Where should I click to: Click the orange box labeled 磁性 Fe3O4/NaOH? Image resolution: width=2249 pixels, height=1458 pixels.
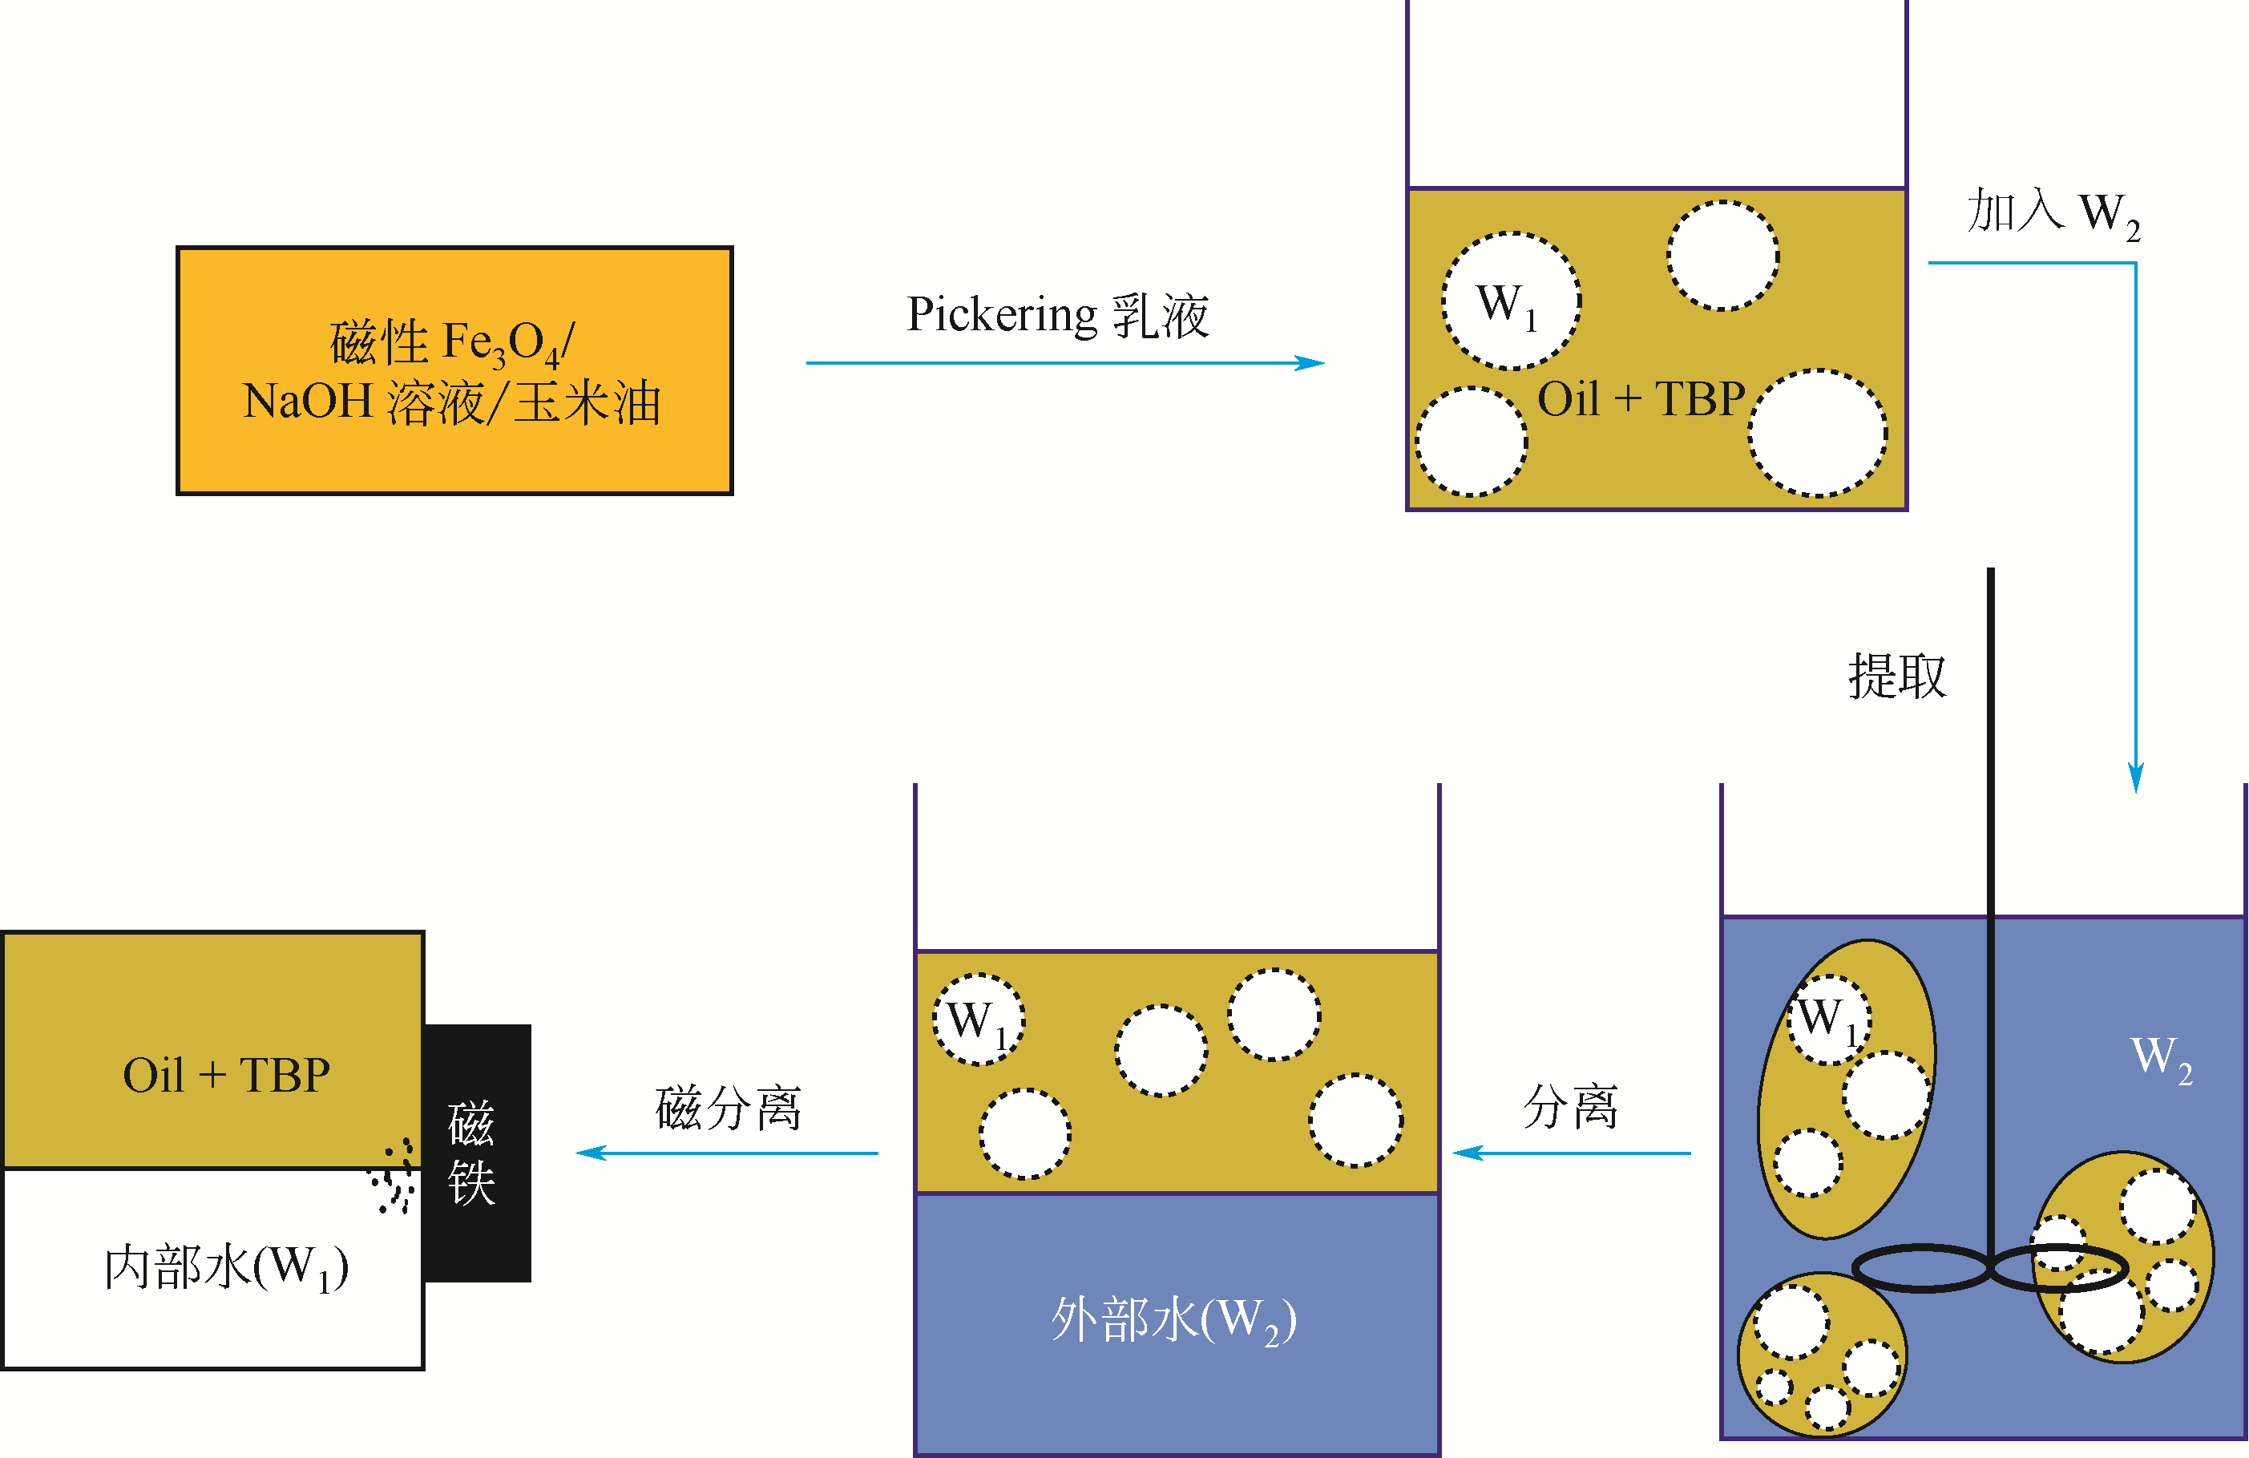click(x=454, y=370)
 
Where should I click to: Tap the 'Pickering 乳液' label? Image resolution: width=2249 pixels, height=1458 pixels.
click(x=1057, y=315)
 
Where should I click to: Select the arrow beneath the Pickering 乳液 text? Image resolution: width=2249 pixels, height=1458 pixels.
click(x=1064, y=363)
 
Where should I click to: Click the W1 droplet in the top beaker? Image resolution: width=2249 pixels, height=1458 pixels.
click(x=1510, y=301)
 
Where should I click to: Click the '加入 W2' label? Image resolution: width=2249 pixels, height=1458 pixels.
click(x=2053, y=212)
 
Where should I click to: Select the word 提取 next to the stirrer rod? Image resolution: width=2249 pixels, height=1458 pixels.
click(x=1896, y=676)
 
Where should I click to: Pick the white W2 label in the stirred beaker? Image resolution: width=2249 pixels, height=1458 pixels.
click(x=2161, y=1057)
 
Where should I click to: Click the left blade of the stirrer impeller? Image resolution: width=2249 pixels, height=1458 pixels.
click(x=1921, y=1268)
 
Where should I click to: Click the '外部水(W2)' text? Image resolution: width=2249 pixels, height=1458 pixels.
click(x=1173, y=1319)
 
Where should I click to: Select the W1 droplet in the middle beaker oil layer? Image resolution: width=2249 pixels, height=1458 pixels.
click(x=978, y=1020)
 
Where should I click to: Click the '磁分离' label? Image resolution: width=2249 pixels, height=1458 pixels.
click(x=728, y=1109)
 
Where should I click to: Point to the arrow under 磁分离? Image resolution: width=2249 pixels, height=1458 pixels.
click(x=728, y=1153)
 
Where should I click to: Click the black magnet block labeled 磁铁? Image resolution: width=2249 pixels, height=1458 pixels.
click(x=477, y=1153)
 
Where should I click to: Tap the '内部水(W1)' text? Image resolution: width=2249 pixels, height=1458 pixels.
click(x=226, y=1268)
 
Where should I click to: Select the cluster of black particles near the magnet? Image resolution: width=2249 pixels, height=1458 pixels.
click(x=395, y=1177)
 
